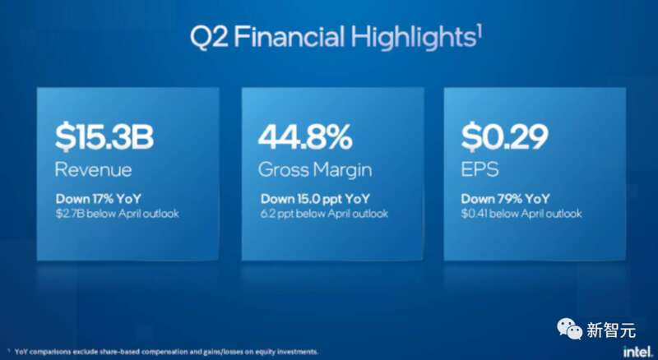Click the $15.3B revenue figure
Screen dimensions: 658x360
104,137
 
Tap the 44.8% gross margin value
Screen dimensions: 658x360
305,137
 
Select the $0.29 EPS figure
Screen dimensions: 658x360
504,137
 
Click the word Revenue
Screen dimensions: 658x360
93,170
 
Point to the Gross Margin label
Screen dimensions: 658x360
315,170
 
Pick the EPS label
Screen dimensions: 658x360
480,170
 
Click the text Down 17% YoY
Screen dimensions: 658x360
98,198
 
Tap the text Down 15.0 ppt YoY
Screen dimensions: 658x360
315,198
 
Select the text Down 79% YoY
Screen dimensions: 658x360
505,198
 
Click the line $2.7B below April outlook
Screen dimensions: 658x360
117,214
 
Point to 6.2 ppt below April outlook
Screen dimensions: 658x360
323,214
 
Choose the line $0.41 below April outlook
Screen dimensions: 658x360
521,214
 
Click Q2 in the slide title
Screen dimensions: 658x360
209,37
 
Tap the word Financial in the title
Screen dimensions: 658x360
290,36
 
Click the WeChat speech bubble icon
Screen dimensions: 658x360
569,329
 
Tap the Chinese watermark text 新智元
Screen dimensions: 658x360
611,330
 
